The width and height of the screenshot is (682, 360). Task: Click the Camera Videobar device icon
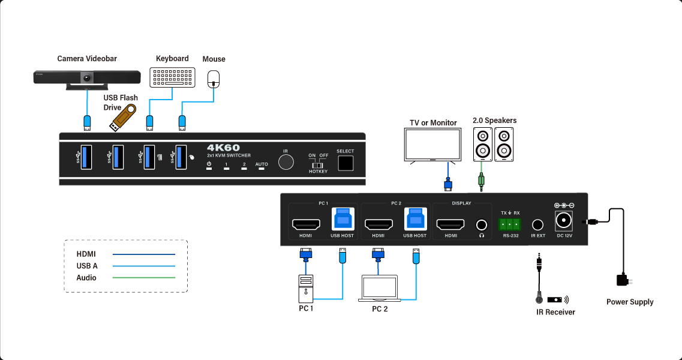tap(87, 78)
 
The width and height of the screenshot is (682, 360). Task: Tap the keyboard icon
tap(173, 77)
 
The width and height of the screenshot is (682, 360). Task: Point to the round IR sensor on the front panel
tap(286, 163)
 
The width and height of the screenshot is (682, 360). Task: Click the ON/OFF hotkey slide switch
tap(318, 163)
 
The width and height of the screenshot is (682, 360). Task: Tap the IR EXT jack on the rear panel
tap(537, 225)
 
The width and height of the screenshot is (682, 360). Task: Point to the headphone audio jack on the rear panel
tap(481, 225)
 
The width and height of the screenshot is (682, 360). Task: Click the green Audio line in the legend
tap(144, 278)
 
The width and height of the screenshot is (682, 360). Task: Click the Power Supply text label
tap(630, 302)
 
